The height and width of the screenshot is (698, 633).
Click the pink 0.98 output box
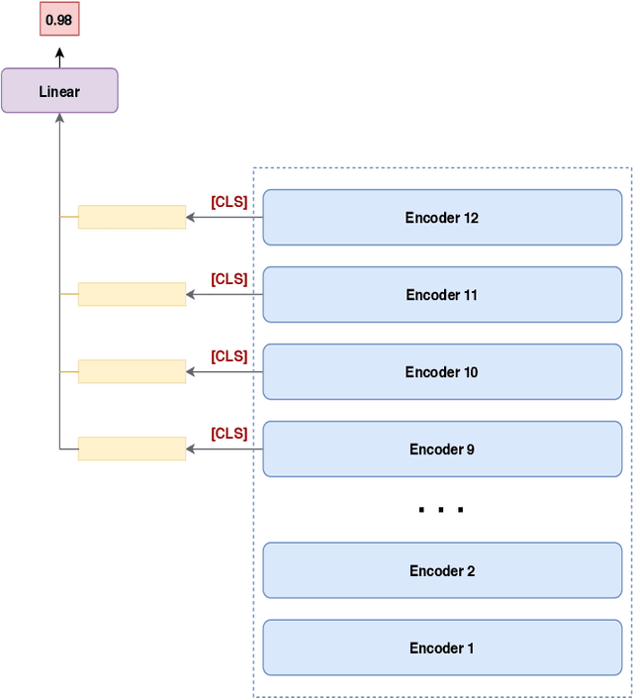coord(58,20)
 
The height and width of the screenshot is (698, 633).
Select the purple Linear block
coord(59,91)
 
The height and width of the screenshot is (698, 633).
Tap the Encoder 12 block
coord(442,218)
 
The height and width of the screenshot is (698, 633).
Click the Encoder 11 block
coord(442,295)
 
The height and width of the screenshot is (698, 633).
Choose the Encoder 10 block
coord(442,372)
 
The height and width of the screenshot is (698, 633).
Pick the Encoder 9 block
coord(442,449)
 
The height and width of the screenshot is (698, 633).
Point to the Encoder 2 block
coord(442,571)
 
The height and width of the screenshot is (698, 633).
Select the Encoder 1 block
coord(442,648)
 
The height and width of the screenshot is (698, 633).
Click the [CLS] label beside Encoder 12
coord(229,202)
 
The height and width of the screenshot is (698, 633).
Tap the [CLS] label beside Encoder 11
coord(229,279)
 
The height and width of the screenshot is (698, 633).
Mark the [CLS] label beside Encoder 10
coord(229,356)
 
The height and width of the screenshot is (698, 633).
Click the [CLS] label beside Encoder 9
coord(229,434)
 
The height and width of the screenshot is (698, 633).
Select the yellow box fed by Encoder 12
coord(132,217)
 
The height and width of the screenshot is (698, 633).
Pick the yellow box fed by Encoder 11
coord(132,294)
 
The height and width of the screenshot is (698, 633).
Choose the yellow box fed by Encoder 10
coord(132,371)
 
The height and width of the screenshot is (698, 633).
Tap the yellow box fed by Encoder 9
coord(132,449)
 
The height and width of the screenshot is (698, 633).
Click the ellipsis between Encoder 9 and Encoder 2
coord(441,511)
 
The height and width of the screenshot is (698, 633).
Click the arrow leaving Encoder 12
coord(225,218)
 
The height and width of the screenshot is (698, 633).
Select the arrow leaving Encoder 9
coord(225,449)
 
